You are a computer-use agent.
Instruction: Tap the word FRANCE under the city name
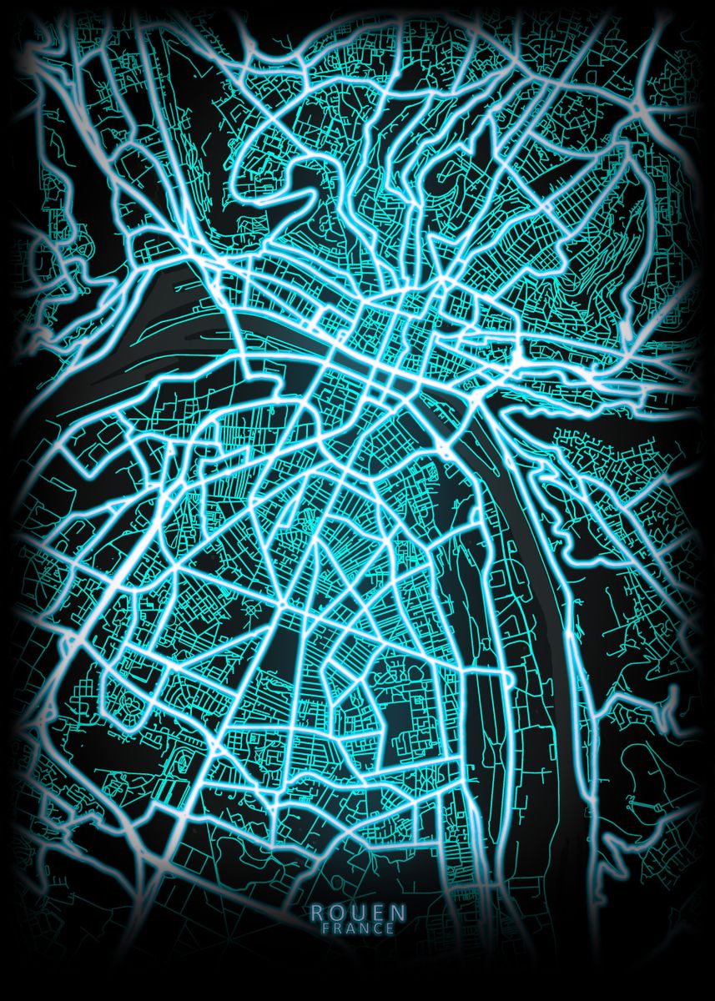(x=357, y=927)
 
